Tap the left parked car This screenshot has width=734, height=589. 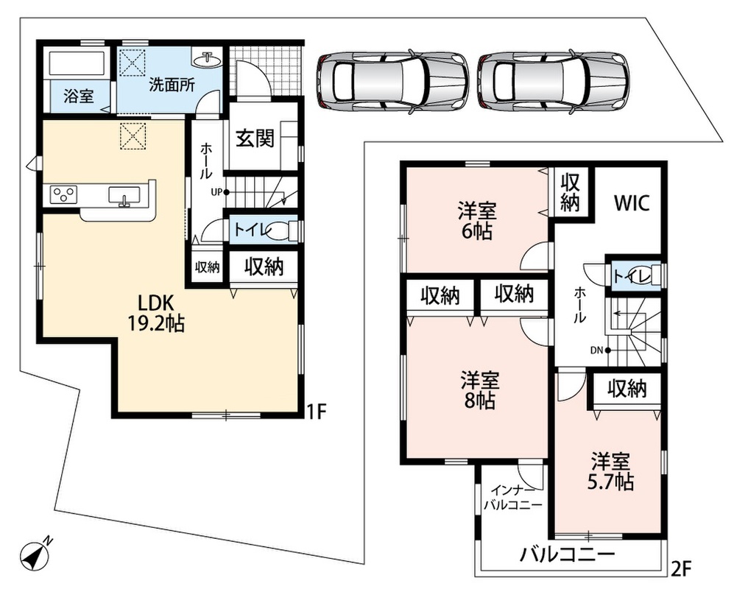click(x=392, y=80)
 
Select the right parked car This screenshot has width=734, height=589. click(x=554, y=80)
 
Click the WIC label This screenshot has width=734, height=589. click(x=632, y=202)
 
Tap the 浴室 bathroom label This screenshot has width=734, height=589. click(x=79, y=96)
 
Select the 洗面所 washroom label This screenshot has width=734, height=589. click(x=172, y=85)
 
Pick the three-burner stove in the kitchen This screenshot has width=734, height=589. click(x=63, y=194)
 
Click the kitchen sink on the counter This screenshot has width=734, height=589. click(x=124, y=195)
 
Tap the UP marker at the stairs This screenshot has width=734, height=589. click(x=219, y=192)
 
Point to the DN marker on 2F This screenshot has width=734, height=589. click(x=600, y=350)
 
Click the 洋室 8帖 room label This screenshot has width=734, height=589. click(x=480, y=390)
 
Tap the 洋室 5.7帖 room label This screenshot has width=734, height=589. click(x=610, y=471)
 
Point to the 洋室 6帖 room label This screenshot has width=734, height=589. click(x=477, y=221)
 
